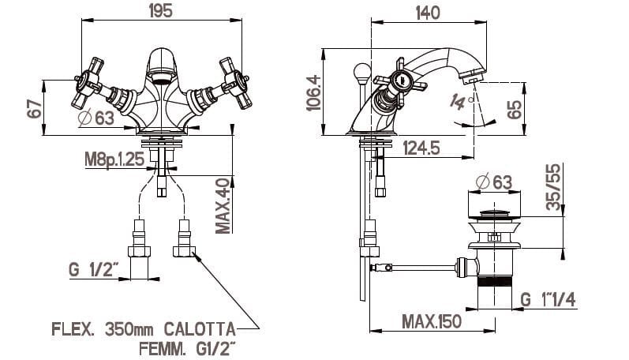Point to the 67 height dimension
pos(34,108)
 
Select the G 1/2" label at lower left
pos(93,271)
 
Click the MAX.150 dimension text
pos(431,321)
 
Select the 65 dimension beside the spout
pos(515,108)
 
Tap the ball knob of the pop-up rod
pos(361,73)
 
